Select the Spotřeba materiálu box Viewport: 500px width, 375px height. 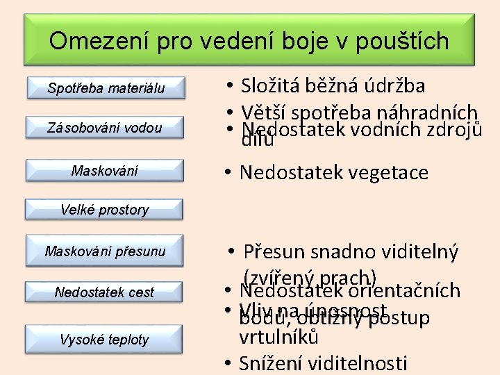tap(106, 88)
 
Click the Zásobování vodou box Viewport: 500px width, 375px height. tap(105, 128)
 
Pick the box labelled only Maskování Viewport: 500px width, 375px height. tap(105, 170)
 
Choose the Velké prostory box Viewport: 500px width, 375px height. tap(105, 209)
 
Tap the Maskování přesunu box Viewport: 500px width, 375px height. tap(105, 251)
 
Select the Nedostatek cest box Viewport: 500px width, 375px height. tap(105, 292)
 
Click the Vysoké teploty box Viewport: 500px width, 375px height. tap(105, 340)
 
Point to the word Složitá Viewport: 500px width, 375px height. tap(272, 86)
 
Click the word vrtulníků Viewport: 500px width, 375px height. tap(278, 338)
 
